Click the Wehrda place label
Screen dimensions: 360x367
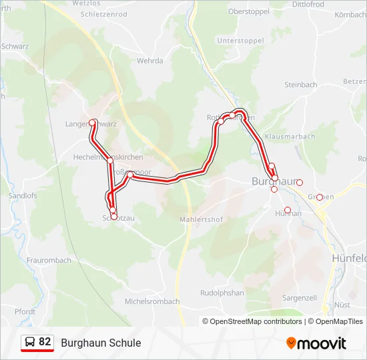coord(149,61)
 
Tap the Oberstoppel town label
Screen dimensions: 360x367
coord(248,11)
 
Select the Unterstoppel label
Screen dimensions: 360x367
coord(241,40)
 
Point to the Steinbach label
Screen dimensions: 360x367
coord(300,85)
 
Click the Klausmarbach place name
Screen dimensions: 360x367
coord(290,136)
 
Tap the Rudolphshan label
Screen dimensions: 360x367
coord(222,293)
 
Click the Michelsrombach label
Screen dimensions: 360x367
coord(152,301)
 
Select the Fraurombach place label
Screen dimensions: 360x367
coord(49,260)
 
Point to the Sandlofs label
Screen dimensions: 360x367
coord(23,196)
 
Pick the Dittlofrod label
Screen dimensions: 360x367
coord(308,4)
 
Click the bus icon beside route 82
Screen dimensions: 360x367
coord(29,342)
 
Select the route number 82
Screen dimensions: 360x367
coord(45,342)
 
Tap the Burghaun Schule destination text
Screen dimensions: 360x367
coord(101,343)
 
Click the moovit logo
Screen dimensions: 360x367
coord(316,343)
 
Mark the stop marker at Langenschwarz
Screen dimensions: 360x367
coord(93,123)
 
